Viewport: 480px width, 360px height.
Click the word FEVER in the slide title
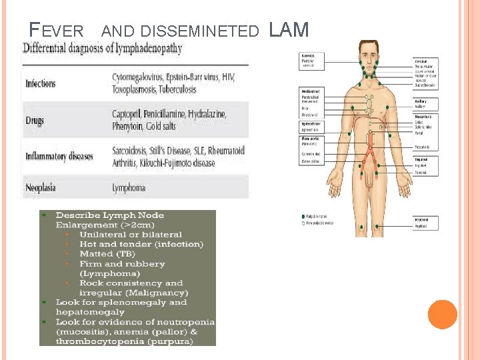coord(57,31)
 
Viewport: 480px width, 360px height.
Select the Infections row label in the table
coord(41,84)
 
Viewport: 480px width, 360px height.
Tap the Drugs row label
coord(35,121)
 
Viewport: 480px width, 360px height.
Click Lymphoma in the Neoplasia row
coord(129,188)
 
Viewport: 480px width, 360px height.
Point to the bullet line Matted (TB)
coord(104,254)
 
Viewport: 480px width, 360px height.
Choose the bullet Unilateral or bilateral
coord(131,235)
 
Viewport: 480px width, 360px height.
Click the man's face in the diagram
coord(369,56)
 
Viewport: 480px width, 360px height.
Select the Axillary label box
coord(425,104)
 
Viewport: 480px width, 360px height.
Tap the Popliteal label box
coord(425,223)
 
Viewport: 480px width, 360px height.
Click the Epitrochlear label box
coord(311,126)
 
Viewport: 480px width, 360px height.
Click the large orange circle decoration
coord(443,315)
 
